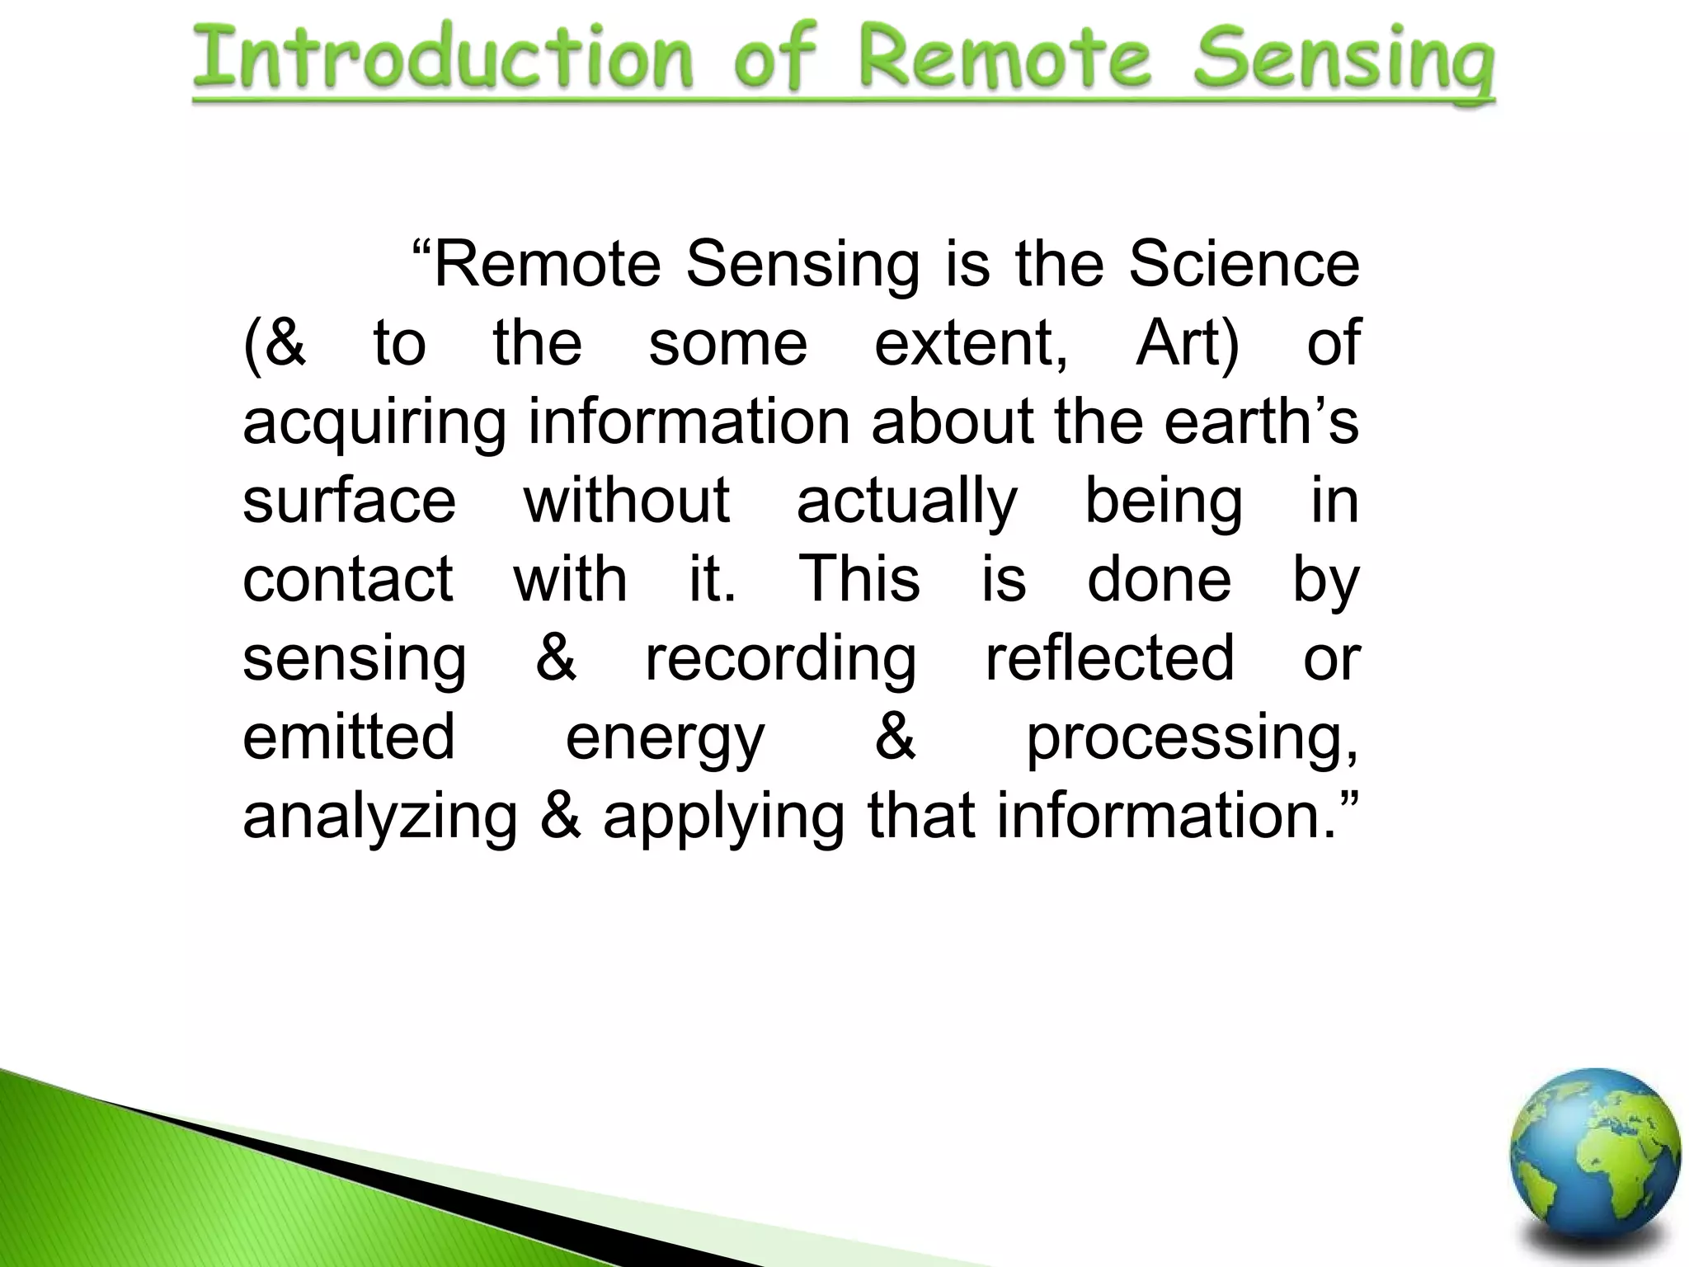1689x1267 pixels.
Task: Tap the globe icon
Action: coord(1595,1156)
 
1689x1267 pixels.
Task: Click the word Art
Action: coord(1186,343)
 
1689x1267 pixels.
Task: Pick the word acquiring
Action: coord(374,422)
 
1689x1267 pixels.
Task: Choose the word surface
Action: coord(349,501)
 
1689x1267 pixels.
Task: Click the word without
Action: coord(627,501)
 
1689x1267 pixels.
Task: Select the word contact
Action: coord(347,579)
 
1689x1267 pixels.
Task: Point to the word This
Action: coord(859,579)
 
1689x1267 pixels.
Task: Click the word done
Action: coord(1159,579)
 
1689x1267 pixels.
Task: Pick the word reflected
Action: coord(1110,658)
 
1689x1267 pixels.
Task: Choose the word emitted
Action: coord(349,737)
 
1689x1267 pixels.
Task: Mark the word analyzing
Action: coord(380,817)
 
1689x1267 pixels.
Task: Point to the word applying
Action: coord(724,817)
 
